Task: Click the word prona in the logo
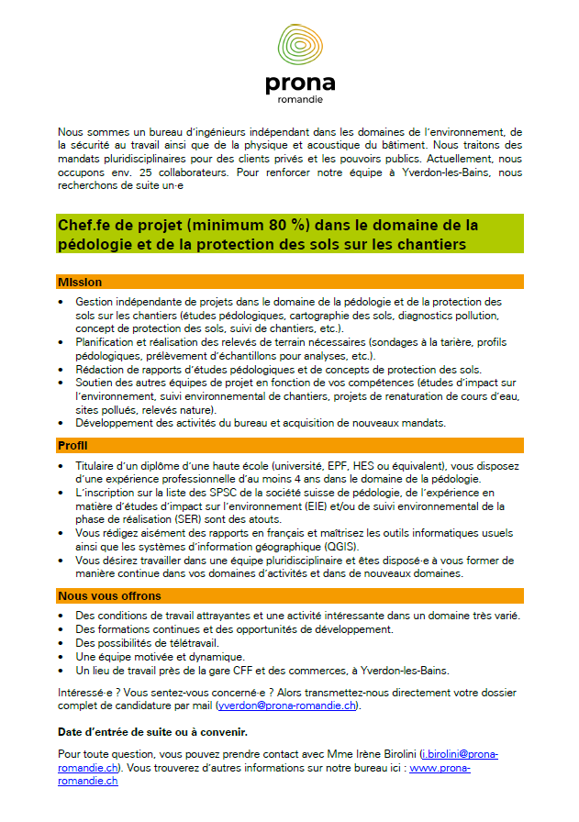[299, 85]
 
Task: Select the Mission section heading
[80, 282]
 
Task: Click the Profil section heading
[74, 445]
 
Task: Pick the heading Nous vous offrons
[109, 595]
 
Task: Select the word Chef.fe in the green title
[88, 226]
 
